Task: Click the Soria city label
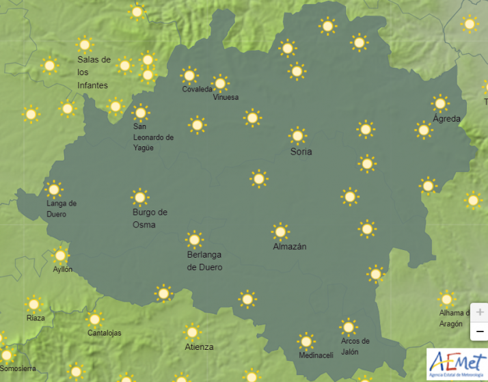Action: coord(301,151)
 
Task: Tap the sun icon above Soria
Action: coord(297,135)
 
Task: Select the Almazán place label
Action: coord(289,246)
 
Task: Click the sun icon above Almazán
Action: coord(280,231)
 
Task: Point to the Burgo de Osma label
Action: coord(150,218)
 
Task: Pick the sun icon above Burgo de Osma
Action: coord(140,197)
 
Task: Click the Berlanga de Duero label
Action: coord(204,260)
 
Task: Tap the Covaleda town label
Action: coord(197,90)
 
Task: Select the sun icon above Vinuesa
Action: coord(220,83)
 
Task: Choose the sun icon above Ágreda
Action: coord(440,103)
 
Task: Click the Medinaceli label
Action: coord(316,355)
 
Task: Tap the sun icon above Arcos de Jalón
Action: coord(349,327)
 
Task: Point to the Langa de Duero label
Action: coord(61,208)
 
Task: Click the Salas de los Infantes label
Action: coord(94,72)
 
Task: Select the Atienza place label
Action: coord(199,346)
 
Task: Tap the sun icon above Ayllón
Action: coord(61,255)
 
